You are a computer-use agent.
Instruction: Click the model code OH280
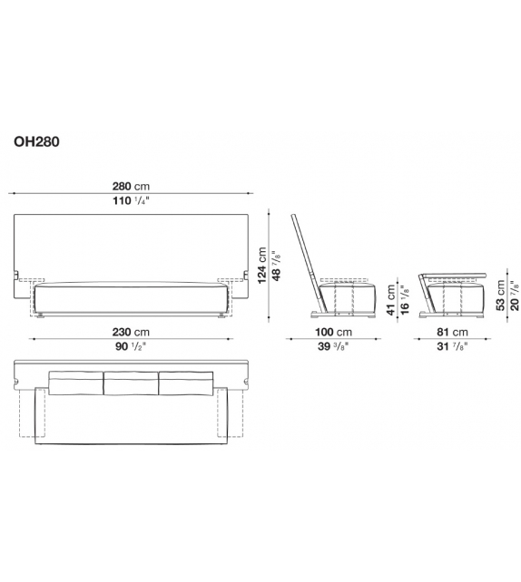click(x=37, y=141)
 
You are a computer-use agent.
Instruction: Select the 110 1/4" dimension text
click(x=131, y=201)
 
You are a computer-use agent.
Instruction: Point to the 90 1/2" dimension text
click(x=131, y=346)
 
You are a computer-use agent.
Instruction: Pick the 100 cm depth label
click(x=335, y=331)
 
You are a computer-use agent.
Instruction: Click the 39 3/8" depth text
click(x=336, y=346)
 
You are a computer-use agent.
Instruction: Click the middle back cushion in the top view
click(x=131, y=383)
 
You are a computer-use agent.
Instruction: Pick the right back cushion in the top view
click(x=186, y=383)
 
